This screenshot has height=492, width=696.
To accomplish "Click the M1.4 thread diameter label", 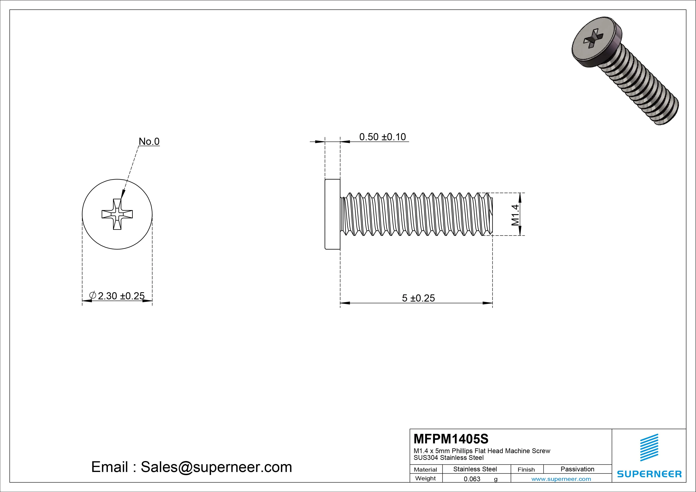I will tap(515, 215).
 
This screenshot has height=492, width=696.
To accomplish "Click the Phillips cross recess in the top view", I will tap(117, 214).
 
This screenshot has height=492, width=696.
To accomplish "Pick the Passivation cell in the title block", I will tap(577, 469).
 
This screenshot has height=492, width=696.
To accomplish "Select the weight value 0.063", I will tap(472, 479).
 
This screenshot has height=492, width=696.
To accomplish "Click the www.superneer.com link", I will tap(561, 479).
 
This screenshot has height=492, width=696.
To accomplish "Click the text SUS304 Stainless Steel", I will tap(448, 458).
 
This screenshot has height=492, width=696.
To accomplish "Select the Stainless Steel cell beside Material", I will tap(475, 469).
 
